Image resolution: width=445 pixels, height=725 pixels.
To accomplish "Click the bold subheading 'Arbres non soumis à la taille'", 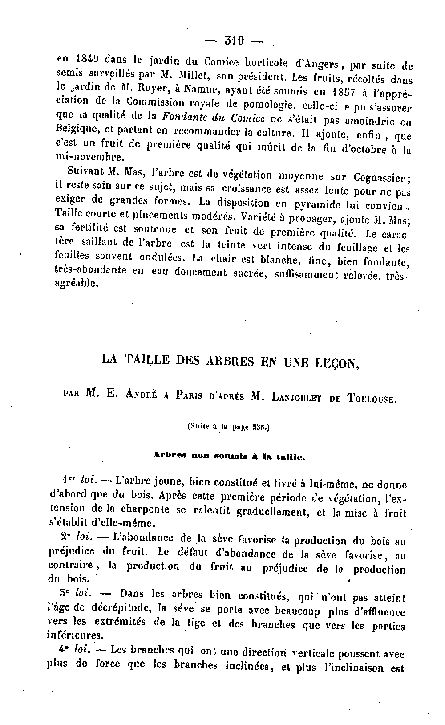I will (229, 456).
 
